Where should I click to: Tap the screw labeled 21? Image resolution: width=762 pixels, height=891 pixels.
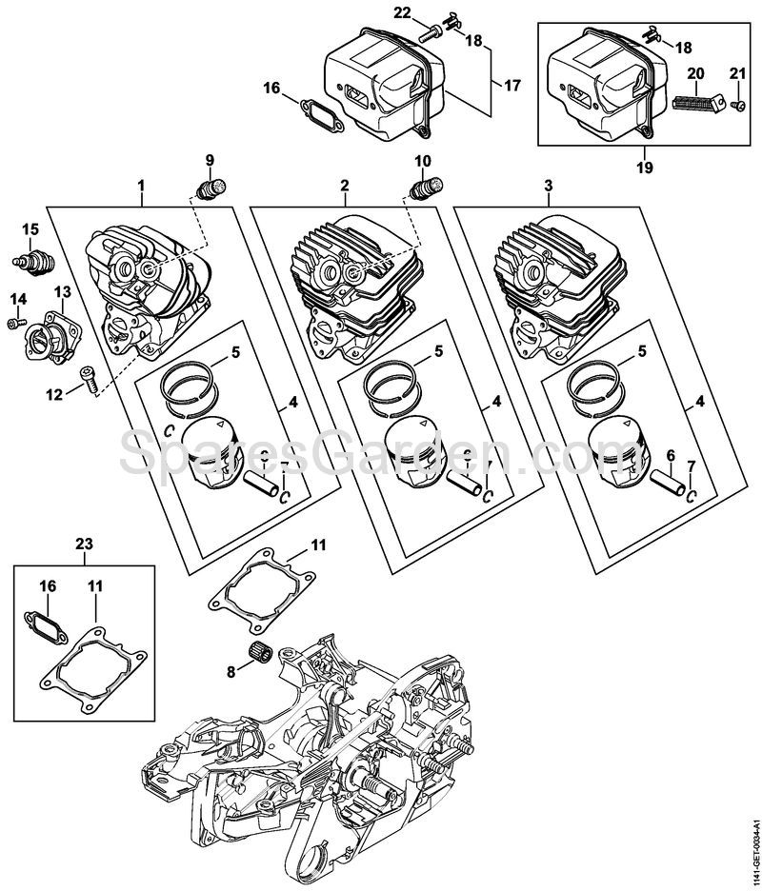click(x=737, y=105)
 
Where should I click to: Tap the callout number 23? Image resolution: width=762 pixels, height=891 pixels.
click(x=84, y=544)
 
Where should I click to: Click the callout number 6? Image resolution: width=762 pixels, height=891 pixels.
click(x=670, y=458)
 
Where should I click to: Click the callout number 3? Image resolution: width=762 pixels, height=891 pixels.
click(x=549, y=185)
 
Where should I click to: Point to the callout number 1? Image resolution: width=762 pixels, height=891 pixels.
click(x=141, y=185)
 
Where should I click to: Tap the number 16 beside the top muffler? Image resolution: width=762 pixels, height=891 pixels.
click(x=271, y=88)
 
